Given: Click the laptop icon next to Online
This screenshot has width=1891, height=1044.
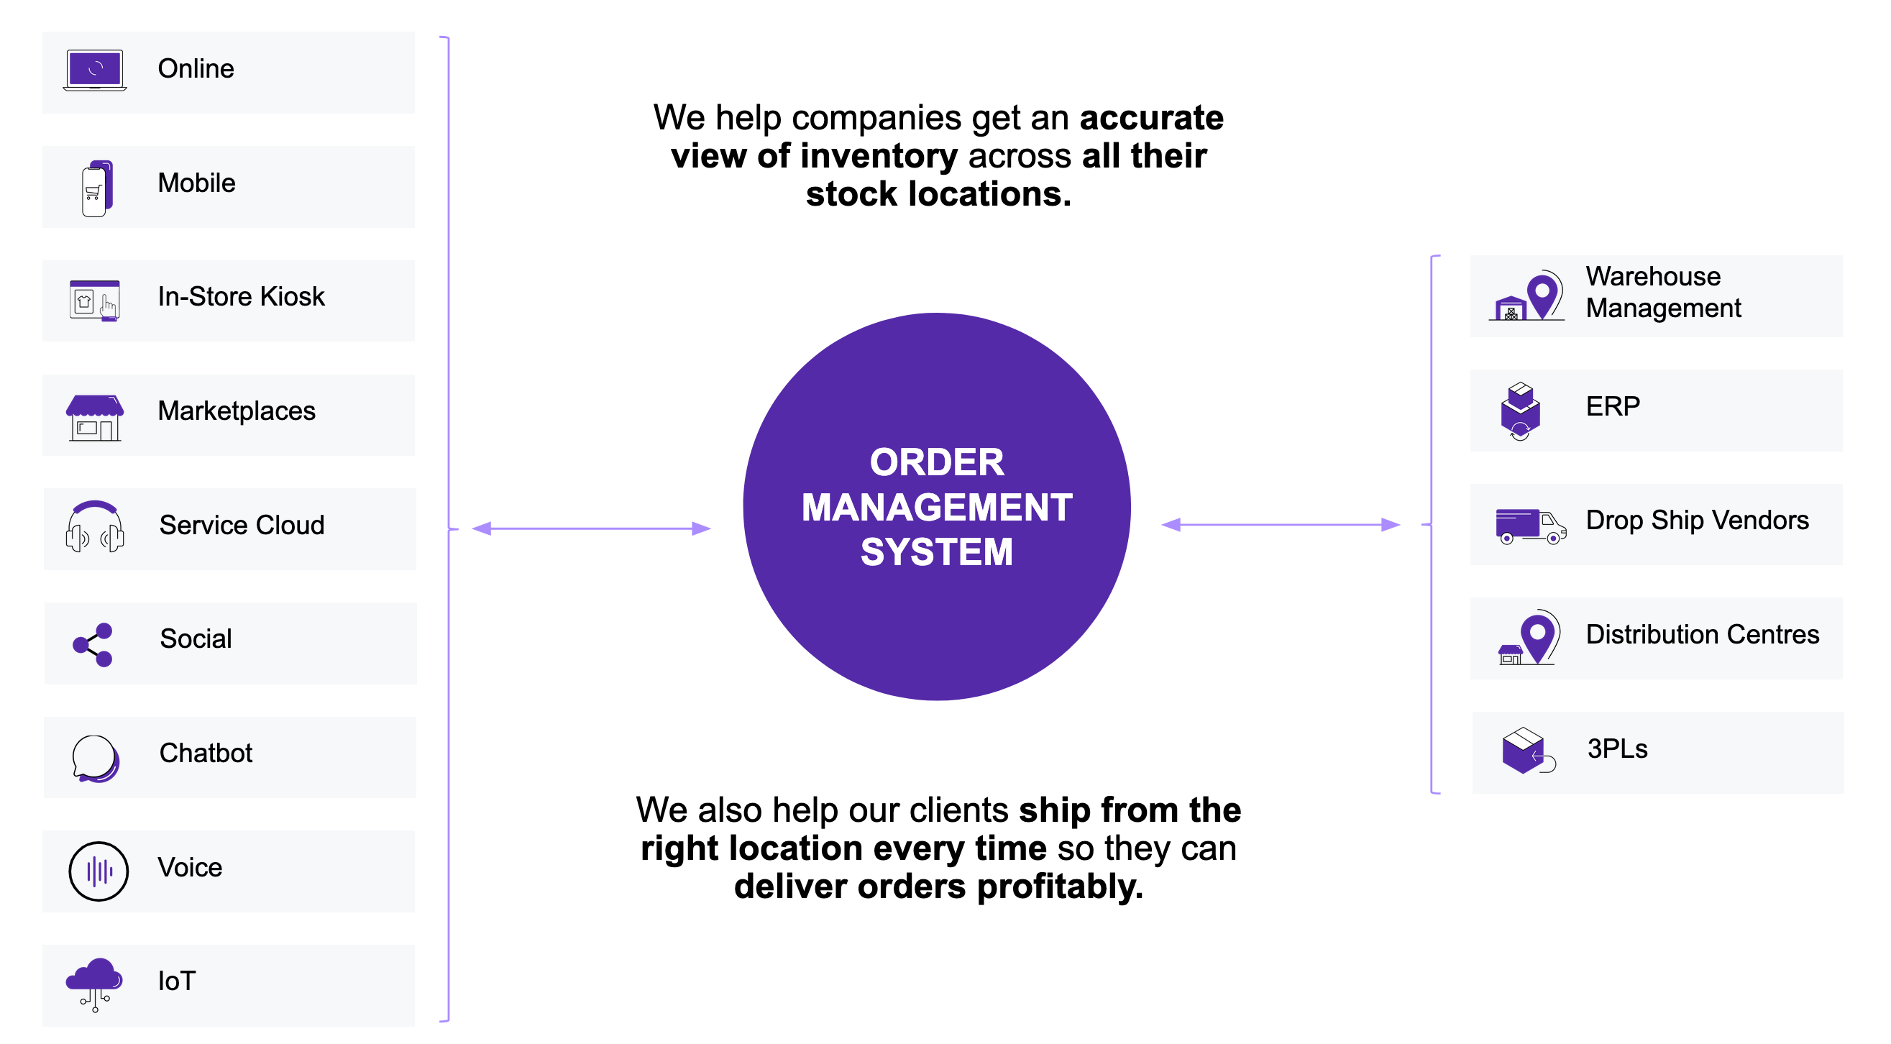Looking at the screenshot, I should click(x=95, y=70).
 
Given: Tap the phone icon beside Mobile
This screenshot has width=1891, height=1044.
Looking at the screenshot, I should click(x=96, y=188).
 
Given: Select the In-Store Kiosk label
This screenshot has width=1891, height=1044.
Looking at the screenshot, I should click(x=241, y=297).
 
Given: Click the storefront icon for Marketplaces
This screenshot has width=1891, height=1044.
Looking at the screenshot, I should click(x=95, y=418).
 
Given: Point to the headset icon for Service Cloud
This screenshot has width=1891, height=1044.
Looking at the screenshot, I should click(x=95, y=526).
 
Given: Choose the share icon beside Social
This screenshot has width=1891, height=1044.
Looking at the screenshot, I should click(x=93, y=646).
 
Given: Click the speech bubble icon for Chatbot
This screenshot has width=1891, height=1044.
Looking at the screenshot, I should click(x=95, y=759).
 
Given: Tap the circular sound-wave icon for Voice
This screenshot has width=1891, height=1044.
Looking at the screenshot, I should click(x=99, y=871).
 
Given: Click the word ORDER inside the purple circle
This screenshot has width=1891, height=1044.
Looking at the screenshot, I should click(x=937, y=462).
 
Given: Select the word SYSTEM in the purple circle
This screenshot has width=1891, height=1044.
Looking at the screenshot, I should click(x=937, y=552).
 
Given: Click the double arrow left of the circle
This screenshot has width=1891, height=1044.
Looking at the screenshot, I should click(x=591, y=528).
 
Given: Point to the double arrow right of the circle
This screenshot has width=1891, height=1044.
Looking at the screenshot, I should click(x=1281, y=525).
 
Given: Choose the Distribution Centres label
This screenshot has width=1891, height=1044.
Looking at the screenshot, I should click(x=1703, y=634).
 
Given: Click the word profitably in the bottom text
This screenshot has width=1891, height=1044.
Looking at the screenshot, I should click(x=1059, y=887).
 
